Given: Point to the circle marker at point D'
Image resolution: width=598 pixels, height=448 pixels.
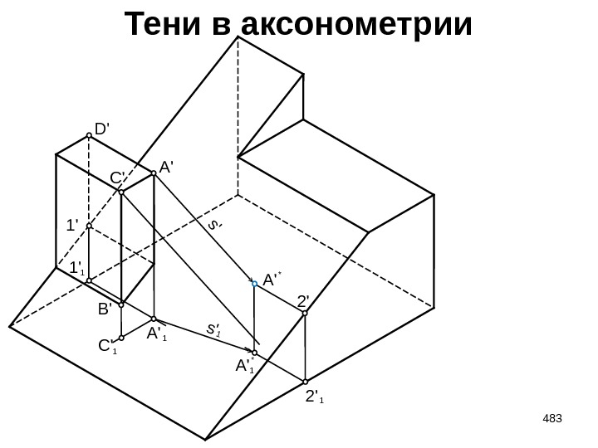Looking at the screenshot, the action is [89, 139].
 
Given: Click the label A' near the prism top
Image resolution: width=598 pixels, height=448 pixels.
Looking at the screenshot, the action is [165, 166].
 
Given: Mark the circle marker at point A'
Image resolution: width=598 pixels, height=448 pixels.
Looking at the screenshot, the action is [154, 174].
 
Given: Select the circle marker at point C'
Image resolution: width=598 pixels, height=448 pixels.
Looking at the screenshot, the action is [121, 192].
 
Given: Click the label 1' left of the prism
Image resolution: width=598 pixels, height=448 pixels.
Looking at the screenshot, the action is [72, 224].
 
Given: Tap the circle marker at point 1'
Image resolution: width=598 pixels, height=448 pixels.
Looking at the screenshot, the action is [89, 225].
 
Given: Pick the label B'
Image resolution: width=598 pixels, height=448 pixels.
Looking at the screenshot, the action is [105, 309].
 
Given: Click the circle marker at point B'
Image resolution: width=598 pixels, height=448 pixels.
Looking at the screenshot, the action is [121, 303].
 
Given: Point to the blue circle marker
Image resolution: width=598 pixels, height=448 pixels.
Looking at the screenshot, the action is [255, 284].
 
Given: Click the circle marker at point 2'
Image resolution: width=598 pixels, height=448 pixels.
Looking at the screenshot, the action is [306, 314].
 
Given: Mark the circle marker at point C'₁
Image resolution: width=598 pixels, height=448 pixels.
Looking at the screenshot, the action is [121, 338].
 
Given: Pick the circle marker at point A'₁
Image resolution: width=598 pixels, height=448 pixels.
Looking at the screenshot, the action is [154, 319].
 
